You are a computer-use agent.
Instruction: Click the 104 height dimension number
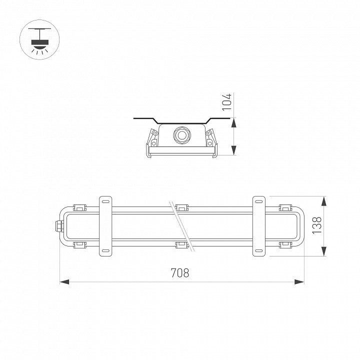(227, 101)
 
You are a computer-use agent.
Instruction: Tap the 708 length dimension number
(180, 273)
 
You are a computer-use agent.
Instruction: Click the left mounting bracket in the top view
(105, 226)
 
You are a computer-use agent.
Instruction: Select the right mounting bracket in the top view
(258, 226)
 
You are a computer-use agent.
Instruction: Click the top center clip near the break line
(181, 207)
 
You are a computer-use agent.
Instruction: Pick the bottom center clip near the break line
(180, 244)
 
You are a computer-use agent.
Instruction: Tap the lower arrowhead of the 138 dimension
(324, 251)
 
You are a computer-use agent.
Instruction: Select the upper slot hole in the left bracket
(105, 201)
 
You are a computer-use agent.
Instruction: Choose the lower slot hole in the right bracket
(258, 250)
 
